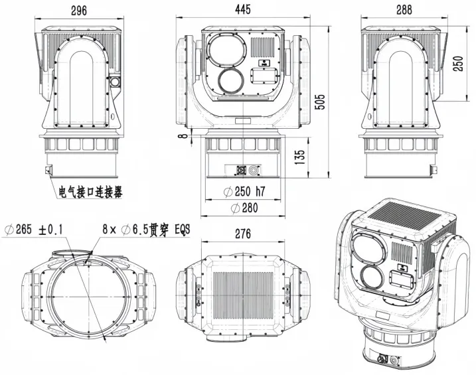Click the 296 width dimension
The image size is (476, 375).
click(80, 9)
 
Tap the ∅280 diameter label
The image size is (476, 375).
click(244, 208)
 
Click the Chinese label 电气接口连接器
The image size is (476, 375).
click(90, 193)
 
